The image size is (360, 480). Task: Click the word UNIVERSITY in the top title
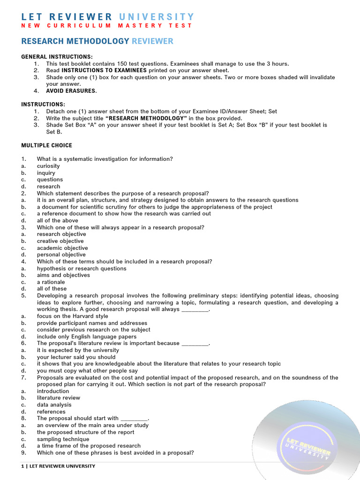point(156,17)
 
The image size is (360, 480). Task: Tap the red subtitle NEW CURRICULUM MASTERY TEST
point(107,26)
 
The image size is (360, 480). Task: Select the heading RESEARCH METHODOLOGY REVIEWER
point(97,41)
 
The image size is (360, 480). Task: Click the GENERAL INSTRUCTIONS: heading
point(57,57)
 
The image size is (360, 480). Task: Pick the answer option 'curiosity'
point(48,166)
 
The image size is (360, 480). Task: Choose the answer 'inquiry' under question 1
point(46,173)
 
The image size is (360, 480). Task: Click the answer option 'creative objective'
point(60,241)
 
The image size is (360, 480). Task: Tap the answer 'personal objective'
point(61,255)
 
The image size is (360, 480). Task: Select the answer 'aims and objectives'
point(63,275)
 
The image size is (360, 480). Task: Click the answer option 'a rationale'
point(51,282)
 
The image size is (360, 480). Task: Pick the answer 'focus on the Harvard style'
point(72,316)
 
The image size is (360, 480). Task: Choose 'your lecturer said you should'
point(76,357)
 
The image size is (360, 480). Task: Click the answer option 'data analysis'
point(54,405)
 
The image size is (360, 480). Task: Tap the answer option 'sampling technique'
point(63,439)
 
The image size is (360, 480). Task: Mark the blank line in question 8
point(134,419)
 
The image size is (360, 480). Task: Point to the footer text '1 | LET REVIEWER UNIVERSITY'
point(58,466)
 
